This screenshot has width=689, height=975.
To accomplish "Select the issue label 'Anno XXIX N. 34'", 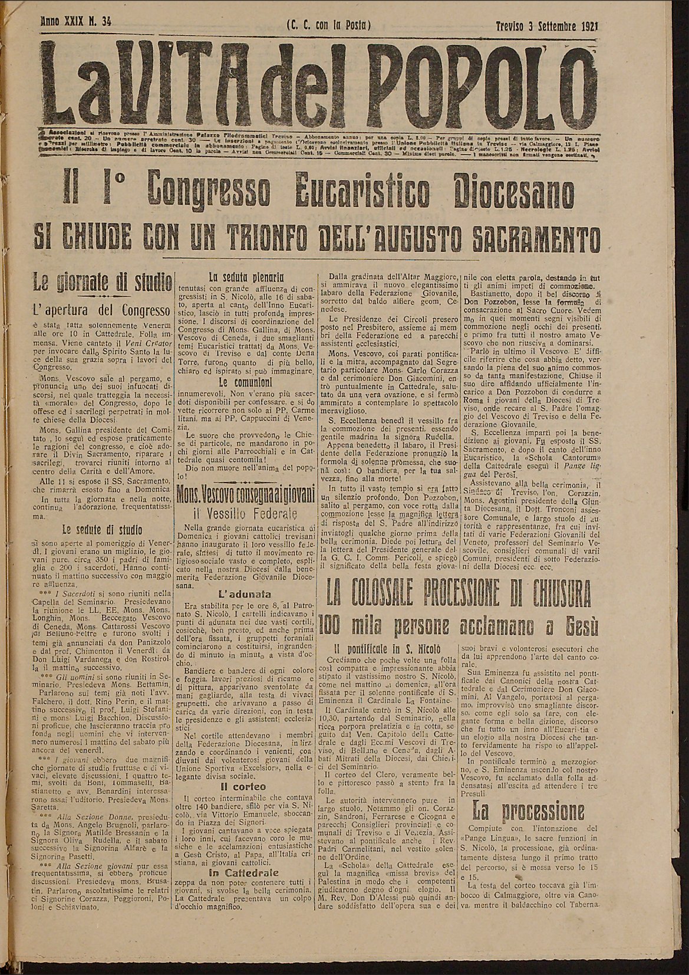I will [77, 23].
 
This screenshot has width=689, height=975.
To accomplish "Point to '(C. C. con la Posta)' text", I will [329, 25].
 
